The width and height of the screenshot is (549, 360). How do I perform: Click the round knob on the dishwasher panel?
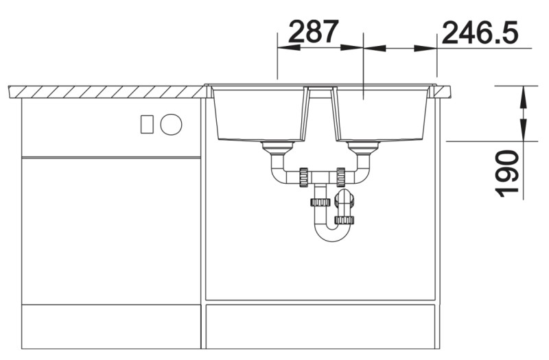(x=171, y=124)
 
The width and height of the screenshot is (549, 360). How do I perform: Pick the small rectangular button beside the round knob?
(x=146, y=124)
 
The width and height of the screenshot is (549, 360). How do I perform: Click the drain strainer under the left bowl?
(x=277, y=147)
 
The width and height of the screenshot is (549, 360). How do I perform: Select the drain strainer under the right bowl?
(x=363, y=147)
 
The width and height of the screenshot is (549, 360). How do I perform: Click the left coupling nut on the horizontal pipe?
(x=302, y=177)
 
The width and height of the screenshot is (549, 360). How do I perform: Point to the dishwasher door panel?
(x=110, y=230)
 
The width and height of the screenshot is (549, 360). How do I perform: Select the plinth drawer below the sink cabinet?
(x=320, y=326)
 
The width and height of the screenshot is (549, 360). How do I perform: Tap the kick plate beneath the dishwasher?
(x=110, y=326)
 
